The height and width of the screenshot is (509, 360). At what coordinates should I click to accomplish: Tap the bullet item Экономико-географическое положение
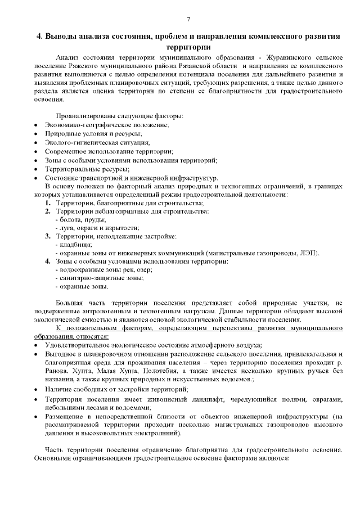point(107,124)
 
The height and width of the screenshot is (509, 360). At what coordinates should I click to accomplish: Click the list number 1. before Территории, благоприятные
point(48,202)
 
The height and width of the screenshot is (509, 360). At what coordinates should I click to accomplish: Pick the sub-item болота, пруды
point(79,219)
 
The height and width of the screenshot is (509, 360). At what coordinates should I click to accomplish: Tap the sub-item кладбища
point(74,244)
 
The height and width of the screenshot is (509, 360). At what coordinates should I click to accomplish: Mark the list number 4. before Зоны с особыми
point(48,261)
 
